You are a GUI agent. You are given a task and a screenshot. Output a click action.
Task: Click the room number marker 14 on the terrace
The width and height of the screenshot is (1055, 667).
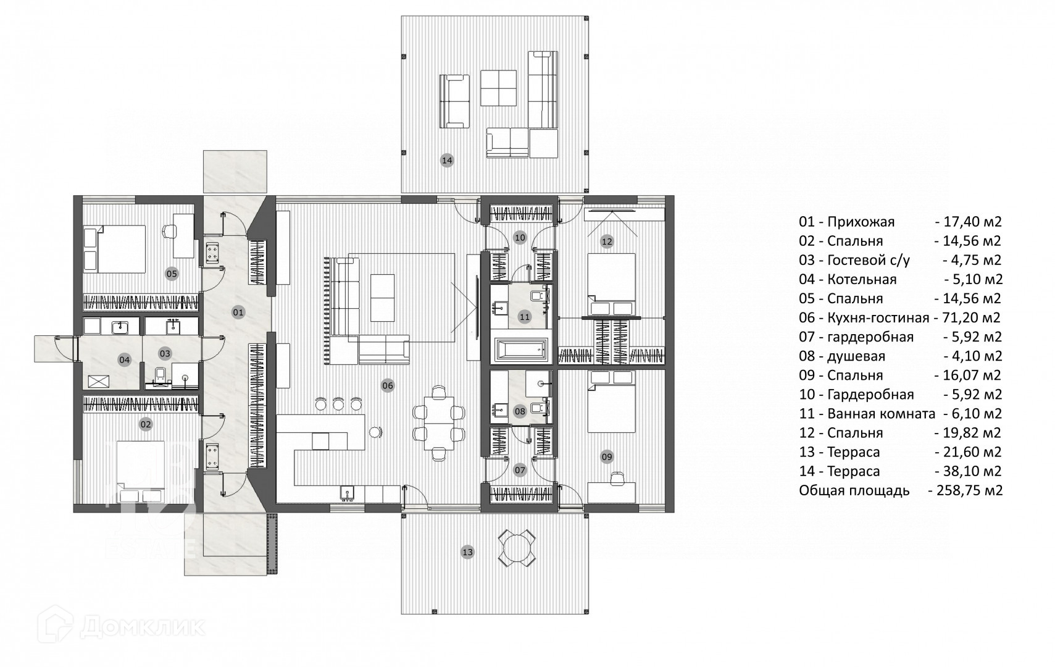coord(446,161)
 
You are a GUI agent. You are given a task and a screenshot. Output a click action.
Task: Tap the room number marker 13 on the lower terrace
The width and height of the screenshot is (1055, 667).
coord(467,552)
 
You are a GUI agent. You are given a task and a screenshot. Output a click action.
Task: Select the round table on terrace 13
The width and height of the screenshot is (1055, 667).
coord(517,547)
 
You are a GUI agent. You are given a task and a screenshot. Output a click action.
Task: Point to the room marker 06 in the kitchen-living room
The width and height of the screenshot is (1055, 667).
coord(388,386)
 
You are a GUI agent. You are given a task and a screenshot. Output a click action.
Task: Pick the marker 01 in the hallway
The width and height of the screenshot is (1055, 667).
coord(238,313)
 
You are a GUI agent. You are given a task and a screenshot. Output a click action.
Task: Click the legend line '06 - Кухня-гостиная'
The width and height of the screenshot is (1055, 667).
coord(863,318)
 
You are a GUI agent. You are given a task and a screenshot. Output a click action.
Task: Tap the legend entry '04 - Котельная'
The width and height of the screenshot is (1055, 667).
coord(847,280)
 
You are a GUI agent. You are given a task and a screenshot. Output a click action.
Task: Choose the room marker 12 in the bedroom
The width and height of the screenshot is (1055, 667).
coord(607,241)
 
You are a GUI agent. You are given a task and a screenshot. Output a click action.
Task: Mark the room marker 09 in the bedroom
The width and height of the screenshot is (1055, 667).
coord(607,457)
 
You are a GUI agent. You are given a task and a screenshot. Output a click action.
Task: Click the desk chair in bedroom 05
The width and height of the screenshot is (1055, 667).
coord(167,232)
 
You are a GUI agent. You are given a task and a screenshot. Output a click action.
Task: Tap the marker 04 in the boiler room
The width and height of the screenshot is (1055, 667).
coord(125,359)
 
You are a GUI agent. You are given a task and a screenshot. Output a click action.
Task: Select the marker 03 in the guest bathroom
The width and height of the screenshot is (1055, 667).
coord(165,354)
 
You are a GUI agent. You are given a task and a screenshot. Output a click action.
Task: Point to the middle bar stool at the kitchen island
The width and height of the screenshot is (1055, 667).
coord(338,405)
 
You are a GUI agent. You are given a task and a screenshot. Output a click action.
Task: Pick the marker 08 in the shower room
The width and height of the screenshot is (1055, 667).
coord(520,411)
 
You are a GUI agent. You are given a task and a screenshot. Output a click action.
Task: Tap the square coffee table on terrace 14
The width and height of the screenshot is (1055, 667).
coord(498,88)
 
